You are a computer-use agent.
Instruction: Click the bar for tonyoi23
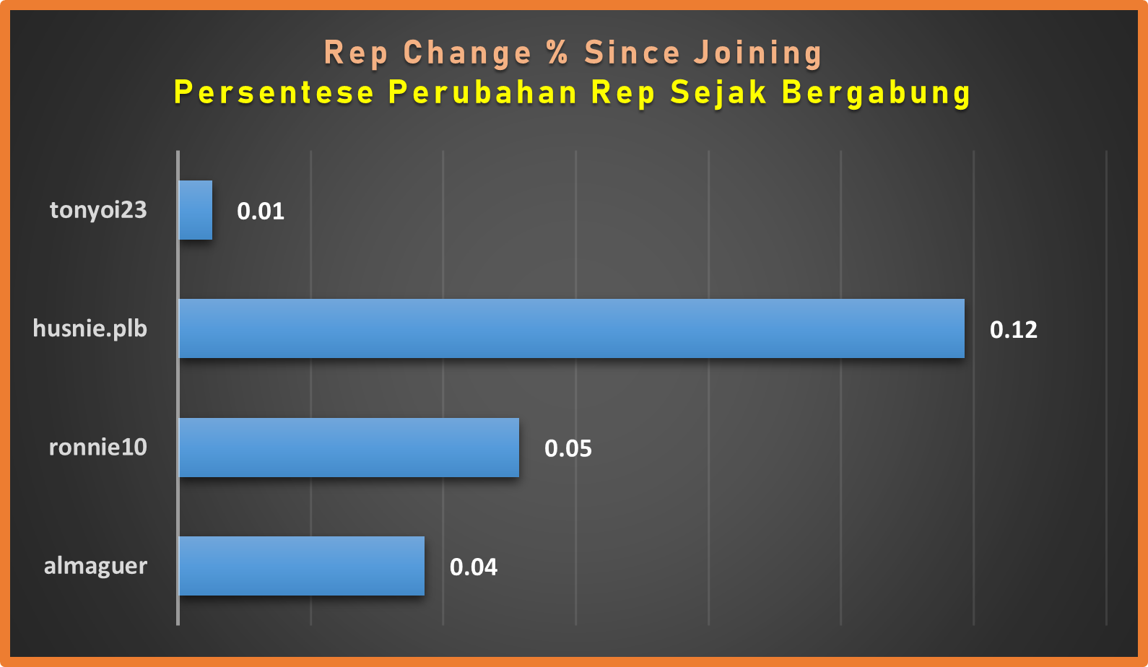[x=195, y=210]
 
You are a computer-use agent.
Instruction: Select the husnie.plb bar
[x=571, y=328]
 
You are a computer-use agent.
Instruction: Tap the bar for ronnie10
[x=349, y=448]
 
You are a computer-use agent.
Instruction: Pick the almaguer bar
[x=301, y=566]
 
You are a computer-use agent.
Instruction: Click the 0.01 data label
[x=261, y=211]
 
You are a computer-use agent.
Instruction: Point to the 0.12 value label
[x=1013, y=329]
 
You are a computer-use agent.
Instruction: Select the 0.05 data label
[x=568, y=448]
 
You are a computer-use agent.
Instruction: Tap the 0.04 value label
[x=473, y=567]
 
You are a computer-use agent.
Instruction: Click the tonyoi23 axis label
[x=98, y=211]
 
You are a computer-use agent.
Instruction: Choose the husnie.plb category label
[x=90, y=329]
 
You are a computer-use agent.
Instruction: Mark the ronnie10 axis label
[x=98, y=448]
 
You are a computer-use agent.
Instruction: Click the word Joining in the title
[x=757, y=54]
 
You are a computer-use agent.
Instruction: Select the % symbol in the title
[x=558, y=53]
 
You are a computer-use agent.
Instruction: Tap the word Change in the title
[x=467, y=54]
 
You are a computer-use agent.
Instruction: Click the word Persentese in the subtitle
[x=274, y=92]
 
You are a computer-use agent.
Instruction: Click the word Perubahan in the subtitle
[x=482, y=92]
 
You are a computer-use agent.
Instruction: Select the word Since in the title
[x=632, y=53]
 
